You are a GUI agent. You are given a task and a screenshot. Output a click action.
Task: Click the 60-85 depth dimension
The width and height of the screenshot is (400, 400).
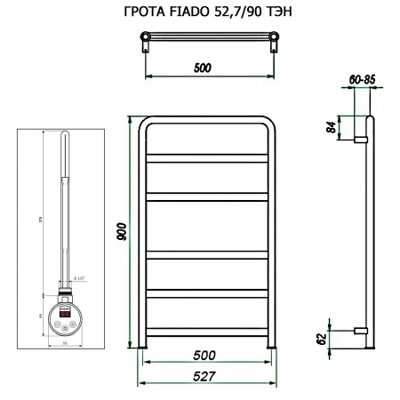click(363, 80)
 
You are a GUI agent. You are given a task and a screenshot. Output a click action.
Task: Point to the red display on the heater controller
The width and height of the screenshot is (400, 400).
click(64, 314)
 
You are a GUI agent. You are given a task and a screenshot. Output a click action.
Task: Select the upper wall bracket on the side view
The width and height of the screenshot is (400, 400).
click(362, 140)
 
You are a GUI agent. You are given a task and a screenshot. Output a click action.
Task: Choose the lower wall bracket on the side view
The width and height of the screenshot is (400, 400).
click(362, 330)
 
